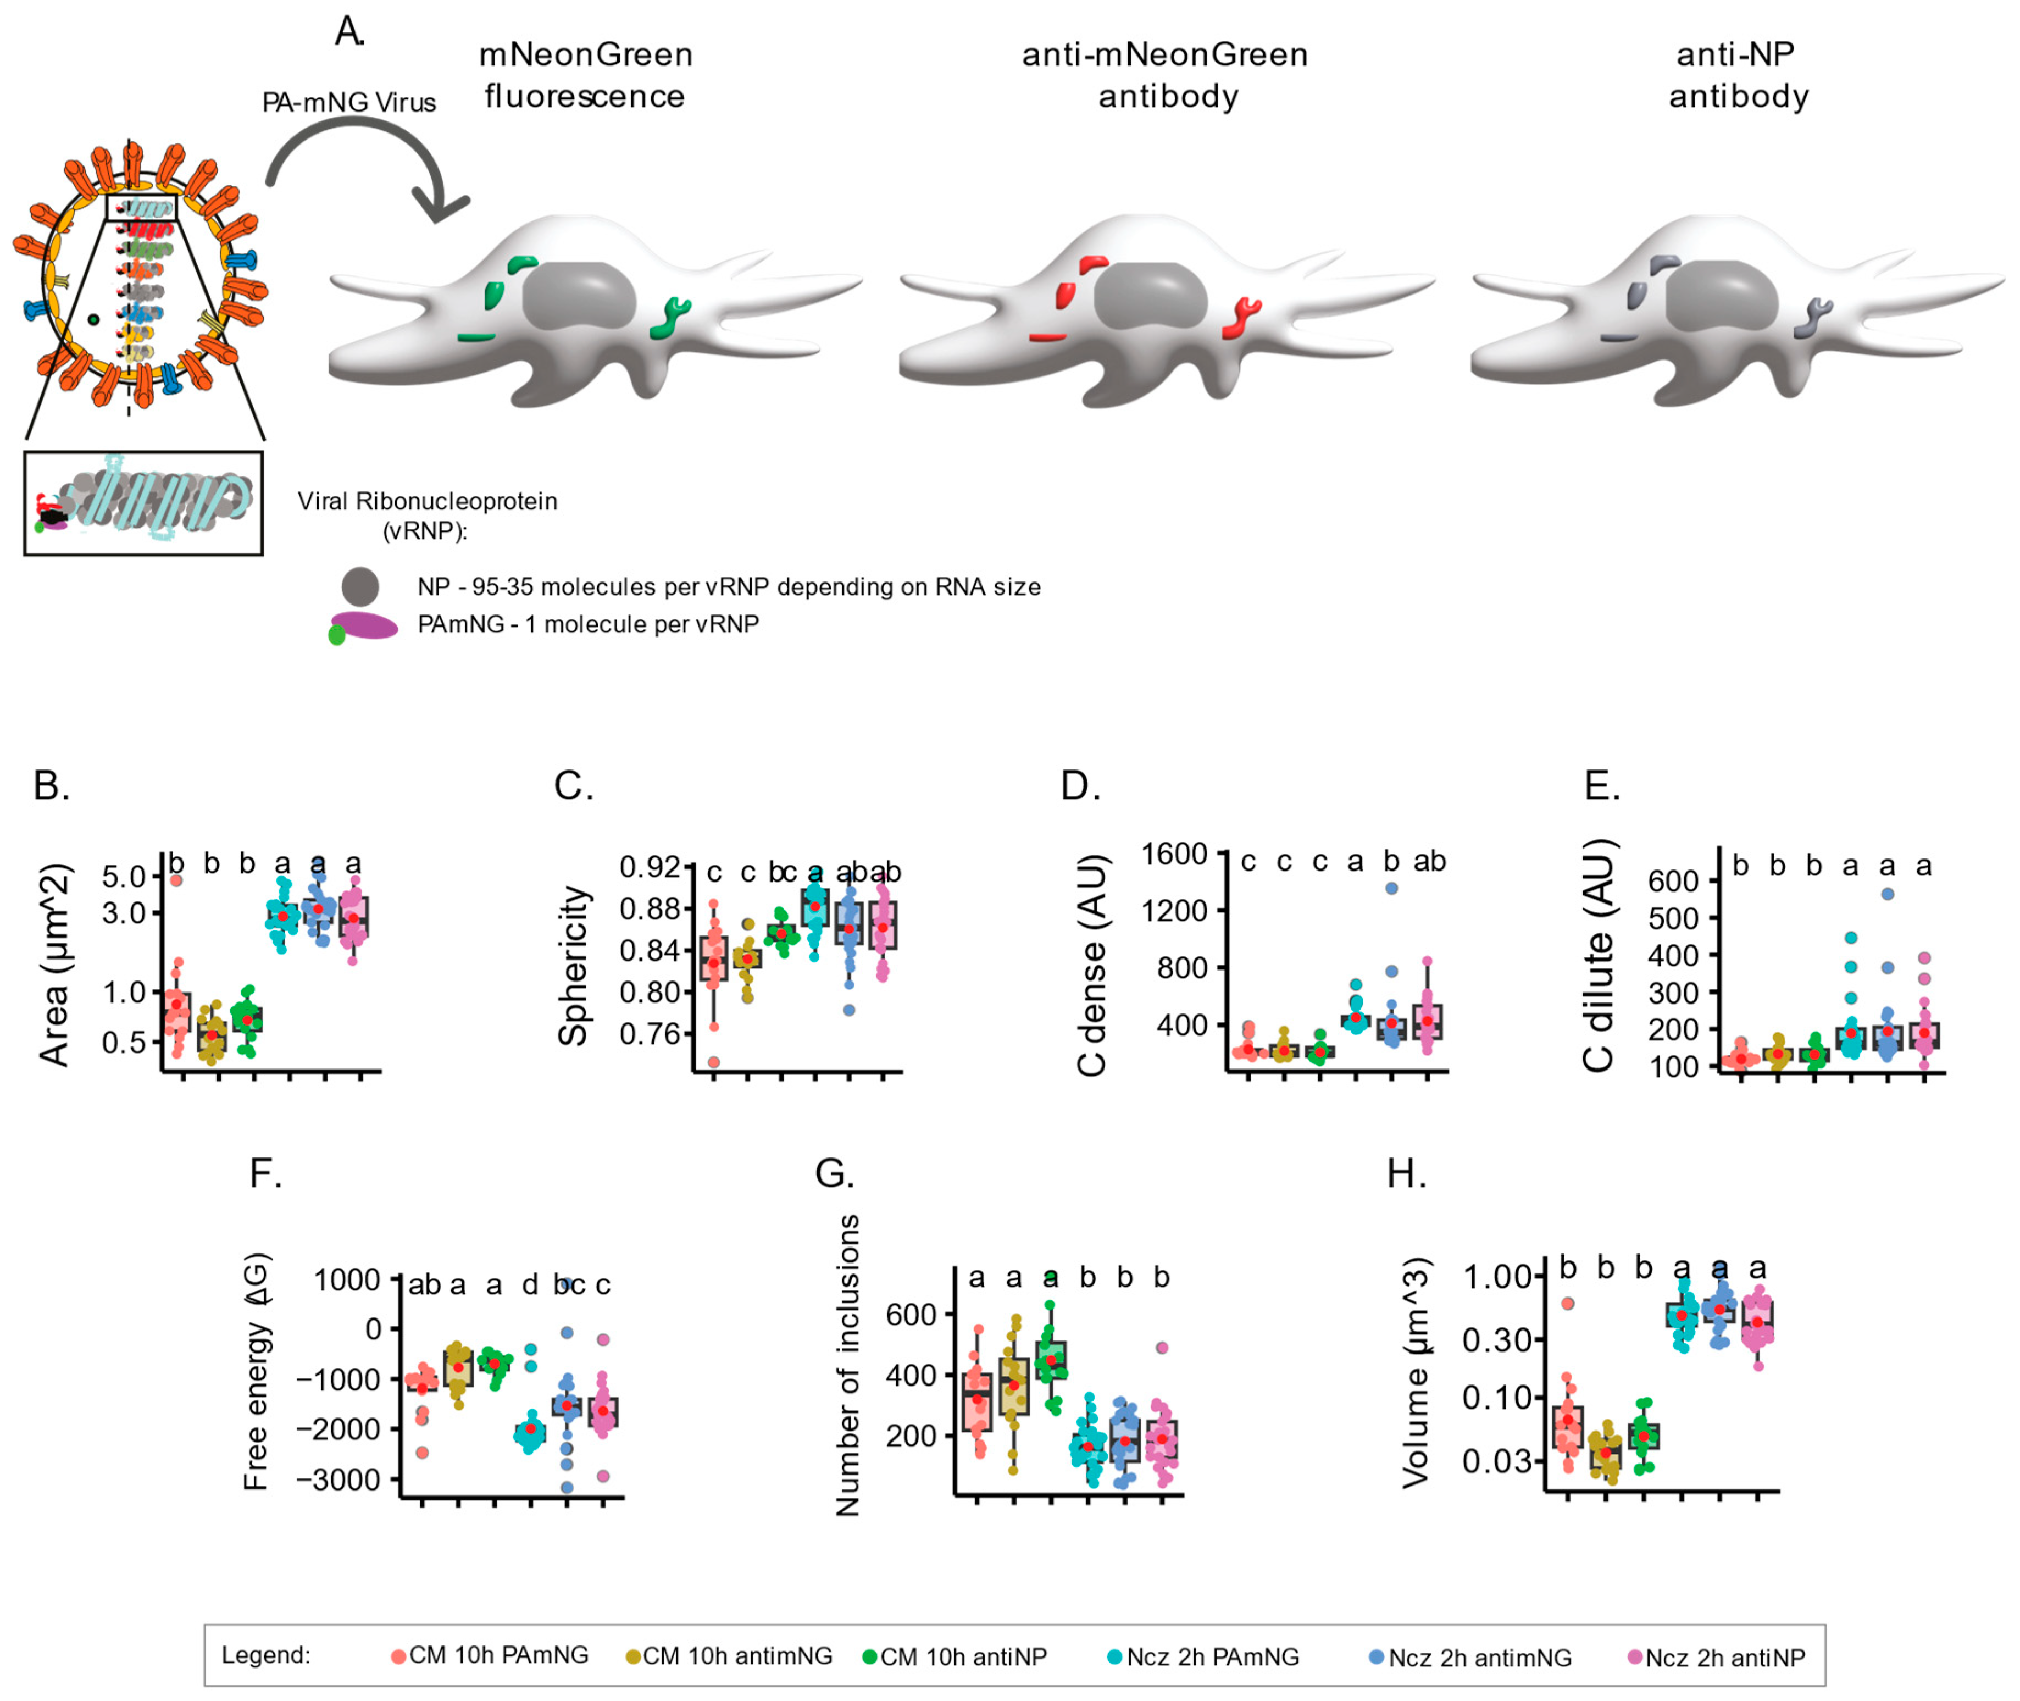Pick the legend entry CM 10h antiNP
(962, 1656)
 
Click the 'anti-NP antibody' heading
(1738, 75)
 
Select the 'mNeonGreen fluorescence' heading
(585, 75)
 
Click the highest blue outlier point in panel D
(1391, 888)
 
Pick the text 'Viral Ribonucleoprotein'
(427, 501)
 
